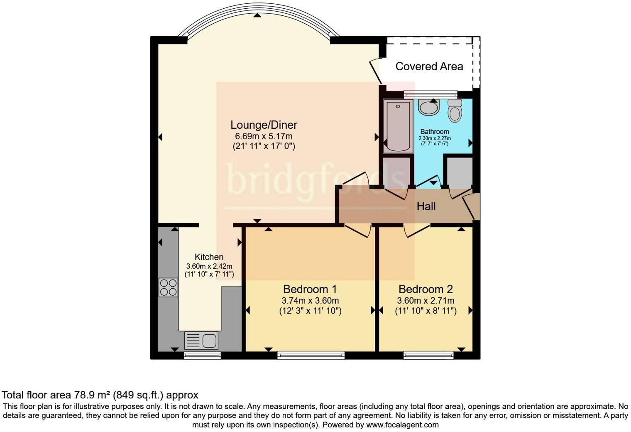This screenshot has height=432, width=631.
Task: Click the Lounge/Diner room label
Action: pyautogui.click(x=264, y=125)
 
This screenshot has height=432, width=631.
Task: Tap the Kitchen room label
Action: pyautogui.click(x=209, y=257)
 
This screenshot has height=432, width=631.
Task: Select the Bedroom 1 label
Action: pyautogui.click(x=310, y=289)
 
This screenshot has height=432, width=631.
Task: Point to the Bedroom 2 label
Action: pyautogui.click(x=426, y=289)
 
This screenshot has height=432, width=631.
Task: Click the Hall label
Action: pyautogui.click(x=426, y=206)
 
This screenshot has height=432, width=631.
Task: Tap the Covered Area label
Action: pyautogui.click(x=429, y=66)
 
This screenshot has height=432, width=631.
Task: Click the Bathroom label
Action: pyautogui.click(x=435, y=132)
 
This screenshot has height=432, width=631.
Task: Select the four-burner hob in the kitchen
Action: pyautogui.click(x=168, y=287)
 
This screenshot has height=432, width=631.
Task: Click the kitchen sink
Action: pyautogui.click(x=201, y=341)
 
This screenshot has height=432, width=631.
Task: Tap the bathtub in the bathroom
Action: pyautogui.click(x=398, y=126)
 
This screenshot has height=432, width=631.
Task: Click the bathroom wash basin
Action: pyautogui.click(x=429, y=107)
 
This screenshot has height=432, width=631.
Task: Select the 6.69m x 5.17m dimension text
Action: pyautogui.click(x=264, y=136)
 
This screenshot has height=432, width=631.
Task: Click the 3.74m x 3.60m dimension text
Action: pyautogui.click(x=310, y=300)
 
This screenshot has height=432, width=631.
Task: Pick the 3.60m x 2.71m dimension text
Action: pyautogui.click(x=426, y=300)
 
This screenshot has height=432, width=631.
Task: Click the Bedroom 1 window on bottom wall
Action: pyautogui.click(x=311, y=355)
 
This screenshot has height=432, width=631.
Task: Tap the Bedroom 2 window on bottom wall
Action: pyautogui.click(x=428, y=355)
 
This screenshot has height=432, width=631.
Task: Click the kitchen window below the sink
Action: pyautogui.click(x=202, y=355)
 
